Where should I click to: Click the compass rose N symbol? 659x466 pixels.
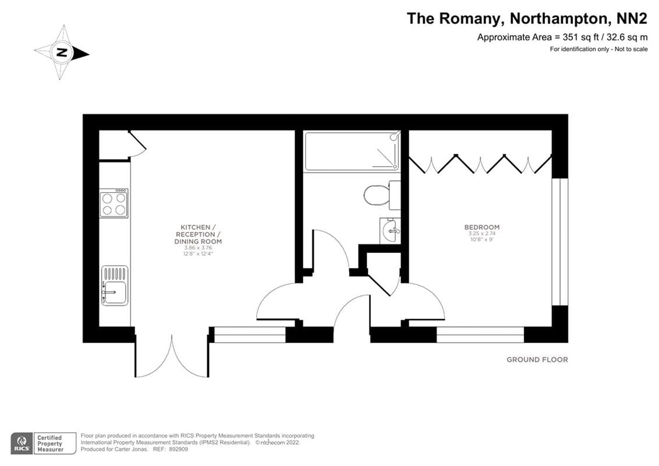62,53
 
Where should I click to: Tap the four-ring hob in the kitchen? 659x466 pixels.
114,203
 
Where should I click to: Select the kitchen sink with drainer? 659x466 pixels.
114,285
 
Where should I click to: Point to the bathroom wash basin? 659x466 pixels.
390,230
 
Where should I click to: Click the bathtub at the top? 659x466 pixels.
352,151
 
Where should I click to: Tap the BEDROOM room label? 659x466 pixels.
481,227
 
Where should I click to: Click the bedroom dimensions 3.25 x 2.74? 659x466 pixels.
481,234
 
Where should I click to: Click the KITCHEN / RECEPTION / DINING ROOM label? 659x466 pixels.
201,234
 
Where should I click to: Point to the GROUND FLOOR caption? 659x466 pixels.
537,360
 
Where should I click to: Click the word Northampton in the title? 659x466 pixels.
557,19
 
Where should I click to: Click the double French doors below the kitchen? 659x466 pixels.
172,355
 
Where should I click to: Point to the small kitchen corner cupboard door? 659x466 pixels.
137,143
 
